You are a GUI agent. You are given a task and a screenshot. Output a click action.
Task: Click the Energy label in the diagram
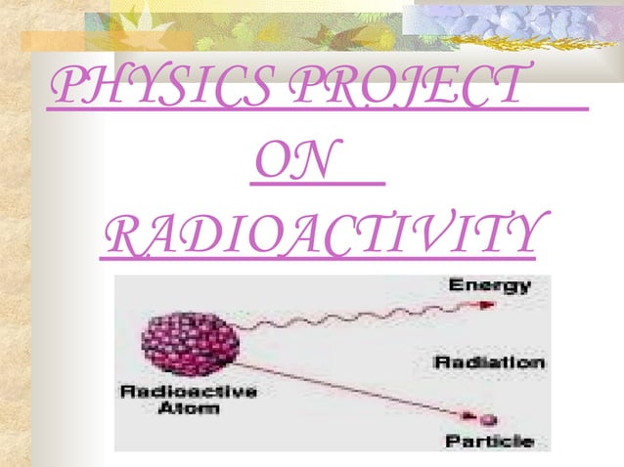tap(490, 286)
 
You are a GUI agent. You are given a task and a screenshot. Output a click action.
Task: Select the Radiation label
tap(489, 362)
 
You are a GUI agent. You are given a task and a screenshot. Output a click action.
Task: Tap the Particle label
tap(489, 442)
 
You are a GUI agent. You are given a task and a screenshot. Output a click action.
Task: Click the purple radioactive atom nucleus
tap(190, 341)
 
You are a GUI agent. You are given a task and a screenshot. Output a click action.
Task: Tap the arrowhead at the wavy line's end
tap(489, 304)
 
